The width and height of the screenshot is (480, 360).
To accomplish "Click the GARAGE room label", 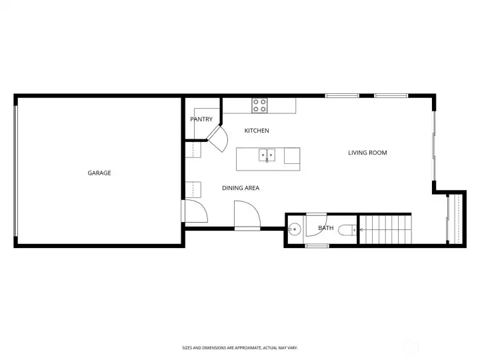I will [x=99, y=173].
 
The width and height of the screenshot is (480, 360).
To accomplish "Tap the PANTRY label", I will [x=201, y=120].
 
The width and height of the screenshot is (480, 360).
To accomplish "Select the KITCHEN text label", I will [x=257, y=131].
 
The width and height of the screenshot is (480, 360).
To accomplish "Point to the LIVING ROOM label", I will [x=367, y=153].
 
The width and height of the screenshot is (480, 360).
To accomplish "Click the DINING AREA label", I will [x=241, y=188].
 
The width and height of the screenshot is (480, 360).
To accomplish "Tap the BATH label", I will [x=325, y=229].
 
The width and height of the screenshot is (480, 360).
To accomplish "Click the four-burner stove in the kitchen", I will [x=259, y=105].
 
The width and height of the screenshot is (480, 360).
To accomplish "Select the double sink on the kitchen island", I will [x=267, y=155].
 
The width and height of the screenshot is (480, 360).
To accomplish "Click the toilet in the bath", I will [x=346, y=231].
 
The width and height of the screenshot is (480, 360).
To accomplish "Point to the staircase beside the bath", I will [x=386, y=230].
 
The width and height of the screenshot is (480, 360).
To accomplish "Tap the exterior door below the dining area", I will [x=247, y=215].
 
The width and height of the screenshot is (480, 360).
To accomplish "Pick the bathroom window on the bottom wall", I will [x=317, y=246].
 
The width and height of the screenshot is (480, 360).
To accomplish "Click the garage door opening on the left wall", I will [x=16, y=171].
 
